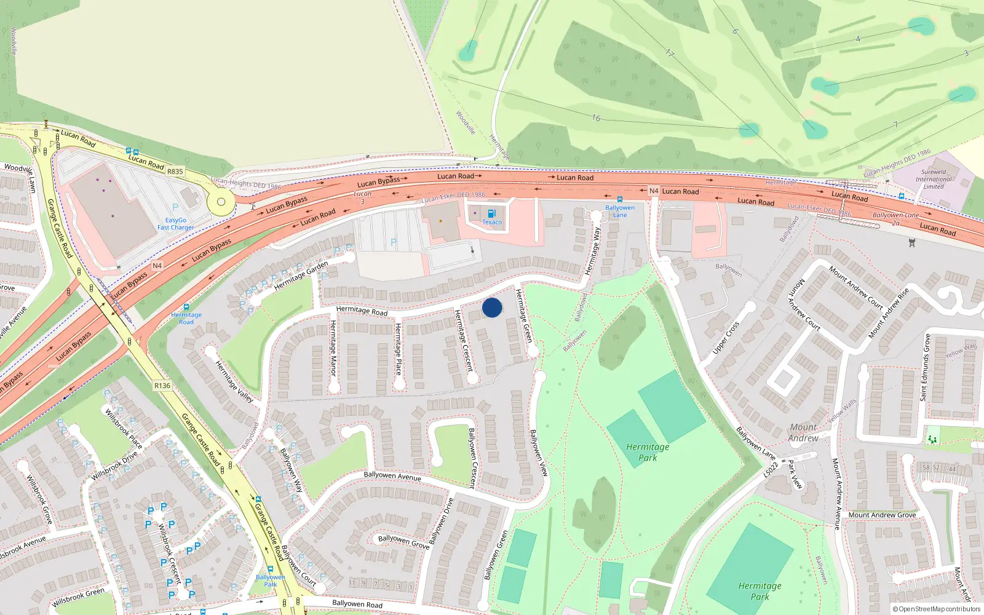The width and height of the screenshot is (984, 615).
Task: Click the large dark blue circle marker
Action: pos(492,307)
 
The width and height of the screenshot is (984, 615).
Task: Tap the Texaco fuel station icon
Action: pos(491,213)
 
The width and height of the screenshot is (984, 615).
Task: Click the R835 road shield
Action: pos(175,172)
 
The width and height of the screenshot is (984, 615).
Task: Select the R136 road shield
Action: pos(162,386)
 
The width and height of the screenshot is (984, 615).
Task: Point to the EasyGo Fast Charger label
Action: pos(175,224)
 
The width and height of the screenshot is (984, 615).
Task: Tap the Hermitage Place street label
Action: pos(399,349)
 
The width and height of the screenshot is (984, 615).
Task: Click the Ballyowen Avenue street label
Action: pos(392,476)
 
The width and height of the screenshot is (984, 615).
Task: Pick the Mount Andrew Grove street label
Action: pos(882,515)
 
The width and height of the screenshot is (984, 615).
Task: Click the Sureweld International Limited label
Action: pos(934,179)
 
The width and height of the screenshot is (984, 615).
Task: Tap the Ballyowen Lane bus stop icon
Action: pos(619,200)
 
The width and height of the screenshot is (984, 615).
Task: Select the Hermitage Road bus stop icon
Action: pos(186,307)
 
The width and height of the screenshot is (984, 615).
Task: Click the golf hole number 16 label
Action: pos(596,117)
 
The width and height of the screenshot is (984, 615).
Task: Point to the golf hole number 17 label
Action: pos(670,54)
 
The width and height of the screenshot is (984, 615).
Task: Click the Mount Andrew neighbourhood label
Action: pos(803,432)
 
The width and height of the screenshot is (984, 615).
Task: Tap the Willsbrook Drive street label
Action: pos(114,466)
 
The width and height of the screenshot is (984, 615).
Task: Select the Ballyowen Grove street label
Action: pos(403,542)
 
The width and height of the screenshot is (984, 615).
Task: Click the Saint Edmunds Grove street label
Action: pos(925,368)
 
